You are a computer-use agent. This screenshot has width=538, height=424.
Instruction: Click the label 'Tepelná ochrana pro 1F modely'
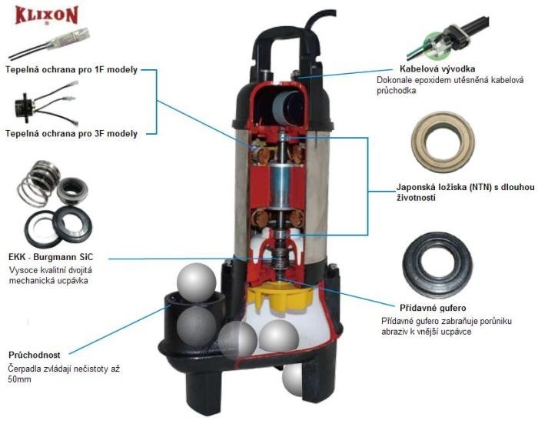(71, 70)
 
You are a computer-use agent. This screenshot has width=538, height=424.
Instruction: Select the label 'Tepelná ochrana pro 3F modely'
(71, 133)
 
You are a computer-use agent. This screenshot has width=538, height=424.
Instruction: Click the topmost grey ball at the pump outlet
(198, 283)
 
